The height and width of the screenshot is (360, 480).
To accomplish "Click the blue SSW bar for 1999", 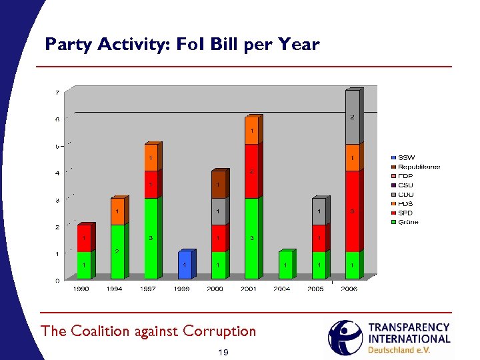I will click(x=185, y=265).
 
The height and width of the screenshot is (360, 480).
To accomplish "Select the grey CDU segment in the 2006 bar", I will click(x=352, y=117).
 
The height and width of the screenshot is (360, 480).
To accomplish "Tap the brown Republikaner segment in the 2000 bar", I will click(x=218, y=184).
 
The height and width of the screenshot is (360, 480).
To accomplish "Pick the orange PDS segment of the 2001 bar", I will click(x=251, y=131).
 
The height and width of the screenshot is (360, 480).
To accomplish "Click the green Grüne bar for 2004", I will click(x=285, y=265).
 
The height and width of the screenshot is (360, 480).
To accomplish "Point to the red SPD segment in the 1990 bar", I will click(x=84, y=238).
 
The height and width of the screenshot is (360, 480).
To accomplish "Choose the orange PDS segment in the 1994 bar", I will click(x=117, y=211).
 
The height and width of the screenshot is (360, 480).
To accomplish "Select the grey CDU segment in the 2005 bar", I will click(x=319, y=211).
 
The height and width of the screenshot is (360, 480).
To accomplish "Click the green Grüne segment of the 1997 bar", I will click(x=151, y=237).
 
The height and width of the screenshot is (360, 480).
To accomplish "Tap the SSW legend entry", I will click(x=406, y=158).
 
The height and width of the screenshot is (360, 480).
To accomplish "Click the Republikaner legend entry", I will click(x=418, y=167).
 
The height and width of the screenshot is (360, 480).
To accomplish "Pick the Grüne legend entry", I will click(x=407, y=222).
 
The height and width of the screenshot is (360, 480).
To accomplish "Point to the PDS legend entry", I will click(x=406, y=204).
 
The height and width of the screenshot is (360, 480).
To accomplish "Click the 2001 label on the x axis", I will click(x=249, y=289).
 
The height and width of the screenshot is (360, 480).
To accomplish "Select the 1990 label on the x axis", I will click(x=81, y=289).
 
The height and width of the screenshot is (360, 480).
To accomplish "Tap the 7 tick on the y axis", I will click(x=57, y=92).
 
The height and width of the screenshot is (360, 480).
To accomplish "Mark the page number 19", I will click(x=223, y=351).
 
